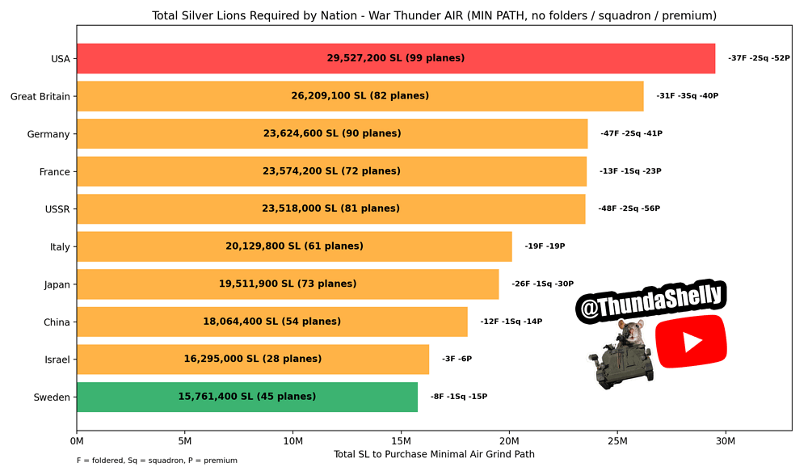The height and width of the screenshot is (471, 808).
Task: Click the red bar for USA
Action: click(396, 58)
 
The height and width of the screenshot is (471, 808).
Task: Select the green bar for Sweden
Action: click(247, 397)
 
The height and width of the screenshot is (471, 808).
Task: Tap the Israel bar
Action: click(253, 359)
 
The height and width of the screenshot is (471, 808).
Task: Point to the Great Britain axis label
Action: click(40, 96)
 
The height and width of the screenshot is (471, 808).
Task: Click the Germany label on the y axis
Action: click(48, 134)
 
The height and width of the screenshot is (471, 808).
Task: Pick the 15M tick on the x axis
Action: click(401, 441)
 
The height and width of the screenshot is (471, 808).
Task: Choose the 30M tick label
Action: click(726, 441)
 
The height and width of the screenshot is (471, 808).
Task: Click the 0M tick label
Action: click(77, 441)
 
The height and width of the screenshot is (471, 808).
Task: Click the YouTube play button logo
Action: click(691, 342)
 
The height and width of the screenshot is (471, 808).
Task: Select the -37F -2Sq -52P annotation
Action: click(759, 58)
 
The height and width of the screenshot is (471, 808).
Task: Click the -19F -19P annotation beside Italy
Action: click(545, 246)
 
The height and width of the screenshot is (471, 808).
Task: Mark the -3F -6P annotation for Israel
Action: click(457, 359)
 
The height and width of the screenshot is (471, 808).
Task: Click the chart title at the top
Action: click(434, 15)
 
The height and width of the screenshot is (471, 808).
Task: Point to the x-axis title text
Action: click(434, 454)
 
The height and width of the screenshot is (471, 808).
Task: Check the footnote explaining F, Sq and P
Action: click(158, 460)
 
